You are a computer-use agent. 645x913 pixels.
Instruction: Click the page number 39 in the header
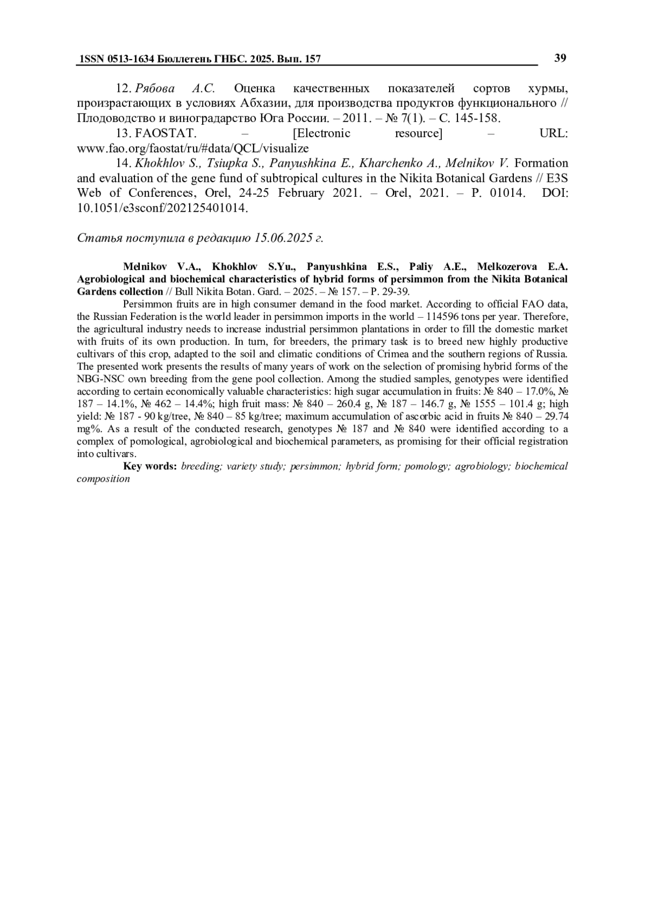[x=560, y=58]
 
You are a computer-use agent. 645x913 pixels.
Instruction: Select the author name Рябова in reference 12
[x=155, y=88]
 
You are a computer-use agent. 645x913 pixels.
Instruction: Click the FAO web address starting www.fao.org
[x=193, y=148]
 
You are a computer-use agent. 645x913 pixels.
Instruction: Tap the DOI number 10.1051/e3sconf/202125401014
[x=163, y=208]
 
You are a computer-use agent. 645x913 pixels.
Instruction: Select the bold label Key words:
[x=150, y=466]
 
